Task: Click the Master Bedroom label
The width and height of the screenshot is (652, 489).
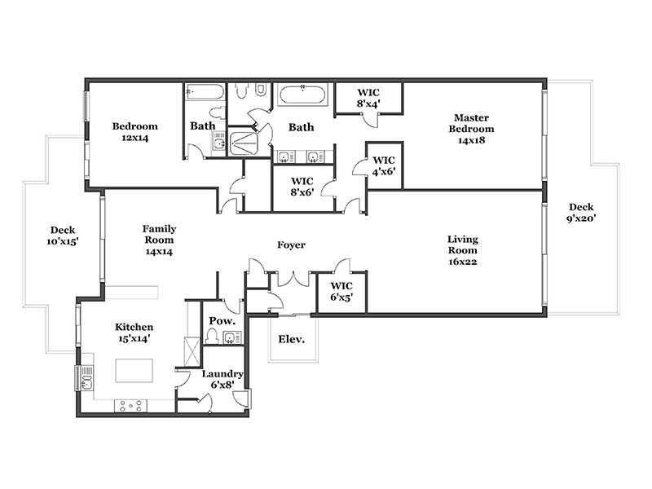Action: coord(471,129)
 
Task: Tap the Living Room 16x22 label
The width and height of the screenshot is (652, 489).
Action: coord(462,250)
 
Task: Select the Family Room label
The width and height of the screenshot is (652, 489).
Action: coord(159,240)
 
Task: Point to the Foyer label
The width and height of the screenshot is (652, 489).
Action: coord(291,245)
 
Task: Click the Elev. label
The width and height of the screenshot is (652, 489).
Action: coord(291,339)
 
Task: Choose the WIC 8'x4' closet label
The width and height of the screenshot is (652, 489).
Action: coord(368,98)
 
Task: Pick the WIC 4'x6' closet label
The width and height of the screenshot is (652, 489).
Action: coord(383,165)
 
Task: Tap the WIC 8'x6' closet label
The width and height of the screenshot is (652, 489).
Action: coord(302,187)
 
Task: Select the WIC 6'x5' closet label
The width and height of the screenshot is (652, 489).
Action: coord(341,292)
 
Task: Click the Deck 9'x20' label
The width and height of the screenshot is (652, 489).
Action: coord(581,213)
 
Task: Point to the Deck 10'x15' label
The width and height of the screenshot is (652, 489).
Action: coord(63,236)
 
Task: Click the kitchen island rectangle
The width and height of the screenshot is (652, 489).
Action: coord(134,371)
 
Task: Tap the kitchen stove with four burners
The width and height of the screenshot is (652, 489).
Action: coord(130,405)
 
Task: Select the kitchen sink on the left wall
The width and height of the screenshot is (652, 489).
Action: coord(86,378)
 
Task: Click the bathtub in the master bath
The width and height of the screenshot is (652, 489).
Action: coord(303,95)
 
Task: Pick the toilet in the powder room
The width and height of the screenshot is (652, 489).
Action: coord(212,336)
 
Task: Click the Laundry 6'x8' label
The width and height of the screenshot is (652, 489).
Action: coord(222,380)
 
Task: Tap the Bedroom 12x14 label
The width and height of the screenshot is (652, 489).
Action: coord(134,132)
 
